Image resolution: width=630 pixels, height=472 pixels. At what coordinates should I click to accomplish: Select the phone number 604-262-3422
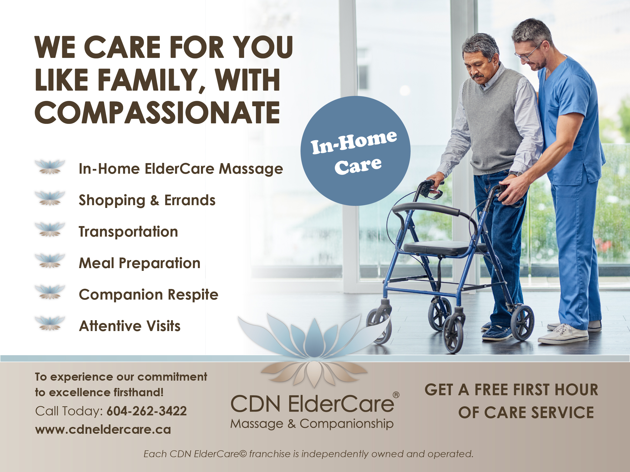click(147, 411)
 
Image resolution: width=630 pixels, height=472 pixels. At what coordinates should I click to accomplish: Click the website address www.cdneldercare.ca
click(103, 429)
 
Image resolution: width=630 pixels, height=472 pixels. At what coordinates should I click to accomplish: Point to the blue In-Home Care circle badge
click(355, 151)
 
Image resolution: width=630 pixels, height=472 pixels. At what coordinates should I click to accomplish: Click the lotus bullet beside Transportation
click(50, 229)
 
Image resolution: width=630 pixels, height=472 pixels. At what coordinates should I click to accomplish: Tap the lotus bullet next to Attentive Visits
click(50, 323)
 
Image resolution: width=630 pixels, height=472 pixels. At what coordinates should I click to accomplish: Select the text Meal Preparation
click(140, 263)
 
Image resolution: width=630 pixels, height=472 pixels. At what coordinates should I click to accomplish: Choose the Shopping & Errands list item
click(147, 200)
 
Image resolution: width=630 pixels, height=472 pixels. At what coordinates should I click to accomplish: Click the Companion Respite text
click(149, 295)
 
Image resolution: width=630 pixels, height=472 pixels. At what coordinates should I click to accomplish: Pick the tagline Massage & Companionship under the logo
click(312, 424)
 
